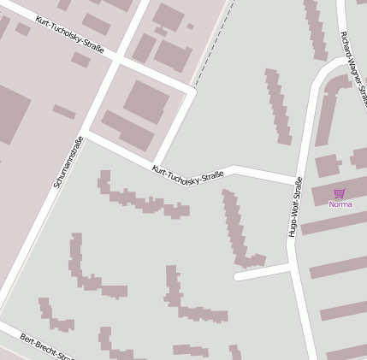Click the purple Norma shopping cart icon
coord(340,193)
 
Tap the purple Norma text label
coord(340,204)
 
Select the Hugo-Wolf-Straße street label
coord(295,206)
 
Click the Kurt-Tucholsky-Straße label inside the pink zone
coord(70,35)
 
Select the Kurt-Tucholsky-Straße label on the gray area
coord(187,173)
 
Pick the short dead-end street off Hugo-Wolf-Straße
coord(262,273)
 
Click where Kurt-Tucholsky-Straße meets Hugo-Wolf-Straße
coord(297,179)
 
